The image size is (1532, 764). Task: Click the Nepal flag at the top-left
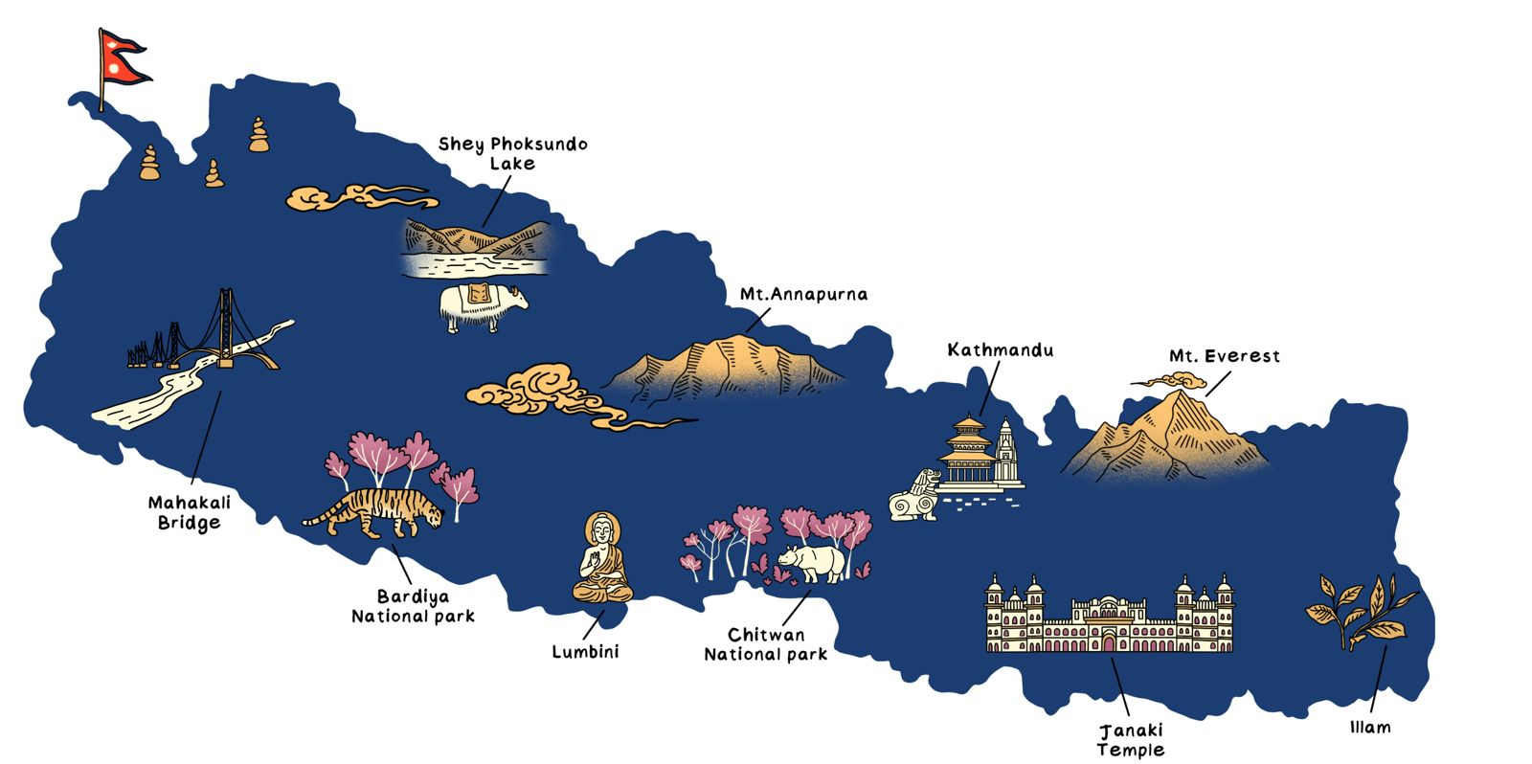point(123,60)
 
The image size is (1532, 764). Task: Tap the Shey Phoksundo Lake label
point(512,154)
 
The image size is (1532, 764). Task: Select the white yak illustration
point(482,306)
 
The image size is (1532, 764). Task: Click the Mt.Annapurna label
point(803,294)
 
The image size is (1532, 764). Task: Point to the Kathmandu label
point(1000,350)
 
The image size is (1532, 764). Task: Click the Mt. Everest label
point(1224,356)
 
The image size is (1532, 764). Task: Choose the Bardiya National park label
point(413,607)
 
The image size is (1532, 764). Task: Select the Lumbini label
point(585,652)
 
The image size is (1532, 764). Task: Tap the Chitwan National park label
point(765,644)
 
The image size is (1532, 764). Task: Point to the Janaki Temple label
point(1131,740)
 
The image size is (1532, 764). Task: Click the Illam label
point(1369,728)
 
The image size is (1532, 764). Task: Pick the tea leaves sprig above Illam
point(1361,609)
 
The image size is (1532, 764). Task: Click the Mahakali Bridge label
point(189,513)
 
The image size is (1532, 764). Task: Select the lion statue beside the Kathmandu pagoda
point(914,496)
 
